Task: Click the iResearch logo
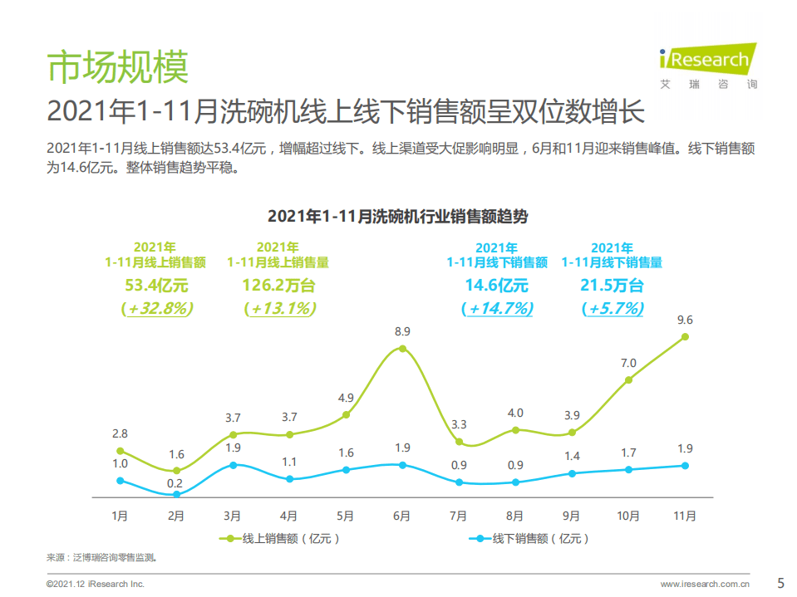coord(708,66)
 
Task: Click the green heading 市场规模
coord(117,66)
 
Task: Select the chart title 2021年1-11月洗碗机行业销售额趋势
coord(397,217)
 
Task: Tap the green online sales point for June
coord(402,349)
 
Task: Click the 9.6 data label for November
coord(685,319)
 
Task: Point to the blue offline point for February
coord(176,495)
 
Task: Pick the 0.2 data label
coord(175,482)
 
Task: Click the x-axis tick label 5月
coord(346,516)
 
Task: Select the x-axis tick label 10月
coord(628,516)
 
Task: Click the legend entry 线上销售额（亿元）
coord(282,538)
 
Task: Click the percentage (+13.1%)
coord(280,308)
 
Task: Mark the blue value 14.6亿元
coord(496,286)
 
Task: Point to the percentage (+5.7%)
coord(613,308)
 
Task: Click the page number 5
coord(780,582)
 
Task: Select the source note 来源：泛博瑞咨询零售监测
coord(101,557)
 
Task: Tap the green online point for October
coord(628,379)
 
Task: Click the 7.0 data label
coord(628,363)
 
